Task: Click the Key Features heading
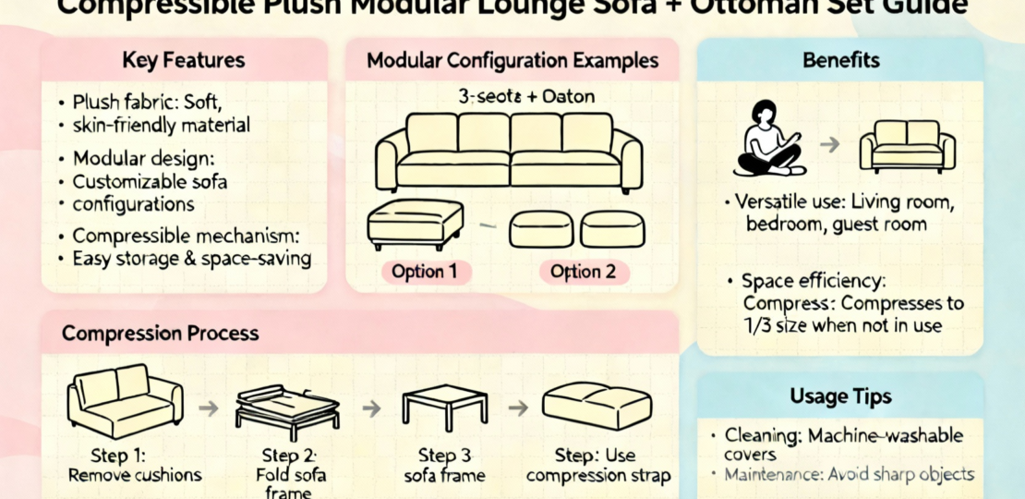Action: point(184,61)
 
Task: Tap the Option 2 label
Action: point(582,272)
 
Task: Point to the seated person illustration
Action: point(769,139)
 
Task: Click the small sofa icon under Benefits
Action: point(907,145)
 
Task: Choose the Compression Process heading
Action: point(161,333)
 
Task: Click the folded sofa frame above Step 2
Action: point(287,407)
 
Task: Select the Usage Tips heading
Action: point(840,396)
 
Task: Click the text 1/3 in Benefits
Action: point(758,324)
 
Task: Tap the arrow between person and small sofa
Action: point(829,144)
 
